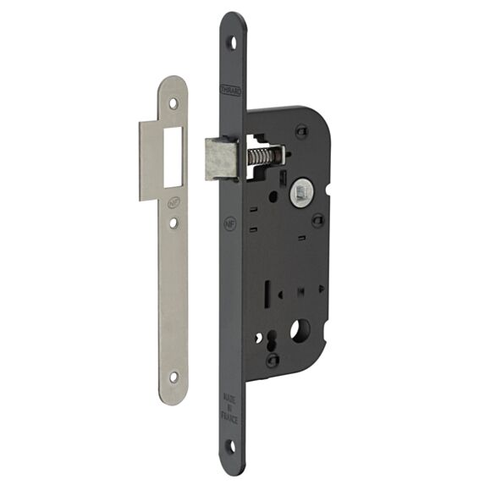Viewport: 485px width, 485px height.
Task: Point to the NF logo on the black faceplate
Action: click(229, 225)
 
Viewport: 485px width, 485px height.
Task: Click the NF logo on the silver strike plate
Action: click(174, 202)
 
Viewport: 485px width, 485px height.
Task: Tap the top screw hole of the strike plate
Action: click(174, 102)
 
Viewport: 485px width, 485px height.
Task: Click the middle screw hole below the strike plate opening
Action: click(174, 224)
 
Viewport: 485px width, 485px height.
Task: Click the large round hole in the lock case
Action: click(300, 330)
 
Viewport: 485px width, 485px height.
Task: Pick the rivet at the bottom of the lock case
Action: click(273, 360)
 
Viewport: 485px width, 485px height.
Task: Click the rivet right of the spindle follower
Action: click(317, 222)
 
